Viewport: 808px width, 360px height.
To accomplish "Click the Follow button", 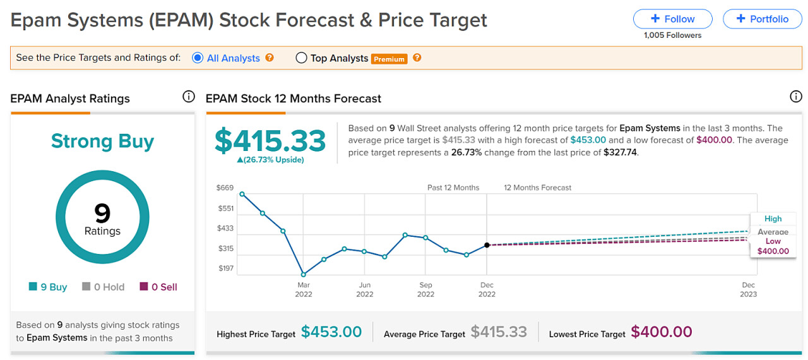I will click(672, 19).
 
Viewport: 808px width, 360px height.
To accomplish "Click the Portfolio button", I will click(762, 19).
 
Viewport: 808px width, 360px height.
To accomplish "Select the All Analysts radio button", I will click(198, 57).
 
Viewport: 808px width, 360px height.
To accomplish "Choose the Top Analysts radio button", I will click(301, 58).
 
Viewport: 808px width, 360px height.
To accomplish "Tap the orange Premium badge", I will click(389, 59).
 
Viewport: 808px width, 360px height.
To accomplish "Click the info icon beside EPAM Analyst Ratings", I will click(188, 97).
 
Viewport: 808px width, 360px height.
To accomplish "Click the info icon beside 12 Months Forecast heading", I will click(795, 97).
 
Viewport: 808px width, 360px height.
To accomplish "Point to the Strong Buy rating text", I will click(102, 141).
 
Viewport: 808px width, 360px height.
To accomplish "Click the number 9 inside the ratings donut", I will click(102, 212).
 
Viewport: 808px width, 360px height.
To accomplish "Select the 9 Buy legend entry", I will click(49, 287).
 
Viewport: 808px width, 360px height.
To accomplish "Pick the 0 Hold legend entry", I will click(104, 287).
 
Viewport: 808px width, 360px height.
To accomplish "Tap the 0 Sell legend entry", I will click(159, 287).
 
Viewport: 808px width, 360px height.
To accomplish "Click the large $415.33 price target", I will click(270, 141).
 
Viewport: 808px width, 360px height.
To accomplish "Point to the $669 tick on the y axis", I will click(225, 188).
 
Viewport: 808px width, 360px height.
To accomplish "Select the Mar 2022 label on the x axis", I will click(304, 289).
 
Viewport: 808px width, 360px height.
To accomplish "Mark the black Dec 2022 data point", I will click(487, 245).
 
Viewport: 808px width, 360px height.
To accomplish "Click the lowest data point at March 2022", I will click(304, 275).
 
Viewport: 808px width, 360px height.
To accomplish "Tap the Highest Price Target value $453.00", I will click(331, 332).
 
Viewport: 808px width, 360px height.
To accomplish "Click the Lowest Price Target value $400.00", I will click(662, 332).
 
